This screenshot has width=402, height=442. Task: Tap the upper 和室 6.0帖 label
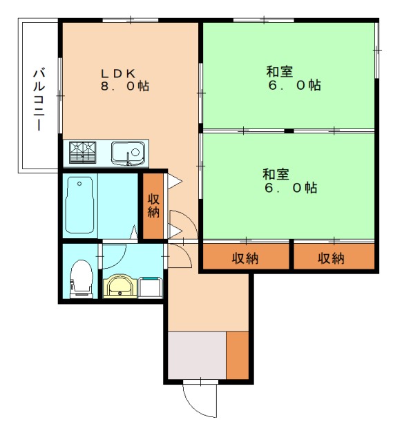[290, 78]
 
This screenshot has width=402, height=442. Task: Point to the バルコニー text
[40, 99]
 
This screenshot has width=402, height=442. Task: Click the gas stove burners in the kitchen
[84, 151]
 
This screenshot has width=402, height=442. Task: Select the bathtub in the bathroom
[80, 204]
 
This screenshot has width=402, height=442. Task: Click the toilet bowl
[81, 276]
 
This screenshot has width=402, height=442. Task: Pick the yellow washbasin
[120, 285]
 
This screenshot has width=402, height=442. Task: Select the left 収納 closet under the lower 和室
[245, 258]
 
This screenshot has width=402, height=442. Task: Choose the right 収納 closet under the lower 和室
[332, 258]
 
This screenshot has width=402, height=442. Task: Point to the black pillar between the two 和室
[289, 130]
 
